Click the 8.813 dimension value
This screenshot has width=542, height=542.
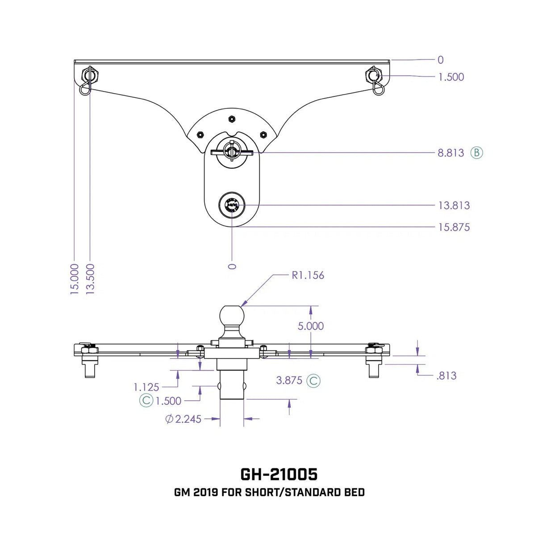click(x=450, y=153)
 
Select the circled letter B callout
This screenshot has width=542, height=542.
click(x=477, y=153)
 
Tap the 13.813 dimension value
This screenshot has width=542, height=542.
click(x=454, y=206)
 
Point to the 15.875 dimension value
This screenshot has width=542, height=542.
click(x=454, y=227)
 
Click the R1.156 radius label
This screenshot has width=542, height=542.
click(x=308, y=275)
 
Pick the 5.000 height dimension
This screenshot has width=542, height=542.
click(x=311, y=326)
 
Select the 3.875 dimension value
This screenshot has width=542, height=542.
click(x=289, y=380)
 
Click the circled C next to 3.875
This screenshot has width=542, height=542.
click(x=313, y=381)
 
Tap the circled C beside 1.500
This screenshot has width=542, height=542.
click(x=146, y=400)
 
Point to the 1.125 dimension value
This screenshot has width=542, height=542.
click(x=146, y=387)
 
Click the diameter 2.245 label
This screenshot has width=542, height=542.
click(x=183, y=419)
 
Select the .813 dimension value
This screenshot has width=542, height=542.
click(x=446, y=376)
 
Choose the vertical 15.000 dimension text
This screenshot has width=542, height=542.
click(x=75, y=279)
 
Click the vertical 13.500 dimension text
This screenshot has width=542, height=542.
click(x=90, y=279)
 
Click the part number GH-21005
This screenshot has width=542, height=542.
click(x=279, y=474)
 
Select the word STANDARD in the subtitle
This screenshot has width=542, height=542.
click(x=313, y=492)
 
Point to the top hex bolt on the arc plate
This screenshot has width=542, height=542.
click(x=232, y=119)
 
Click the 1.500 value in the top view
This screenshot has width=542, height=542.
click(x=451, y=77)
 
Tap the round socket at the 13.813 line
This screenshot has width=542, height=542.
click(x=232, y=205)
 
